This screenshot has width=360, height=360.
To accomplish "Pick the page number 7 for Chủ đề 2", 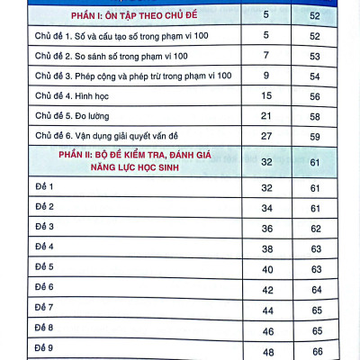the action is pyautogui.click(x=265, y=55).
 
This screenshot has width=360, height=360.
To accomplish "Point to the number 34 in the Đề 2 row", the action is pyautogui.click(x=265, y=207).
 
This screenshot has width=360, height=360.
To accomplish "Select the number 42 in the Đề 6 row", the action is pyautogui.click(x=265, y=288).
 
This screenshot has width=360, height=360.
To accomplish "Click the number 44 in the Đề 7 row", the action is pyautogui.click(x=265, y=309).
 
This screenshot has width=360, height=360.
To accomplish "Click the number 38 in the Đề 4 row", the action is pyautogui.click(x=265, y=247).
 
